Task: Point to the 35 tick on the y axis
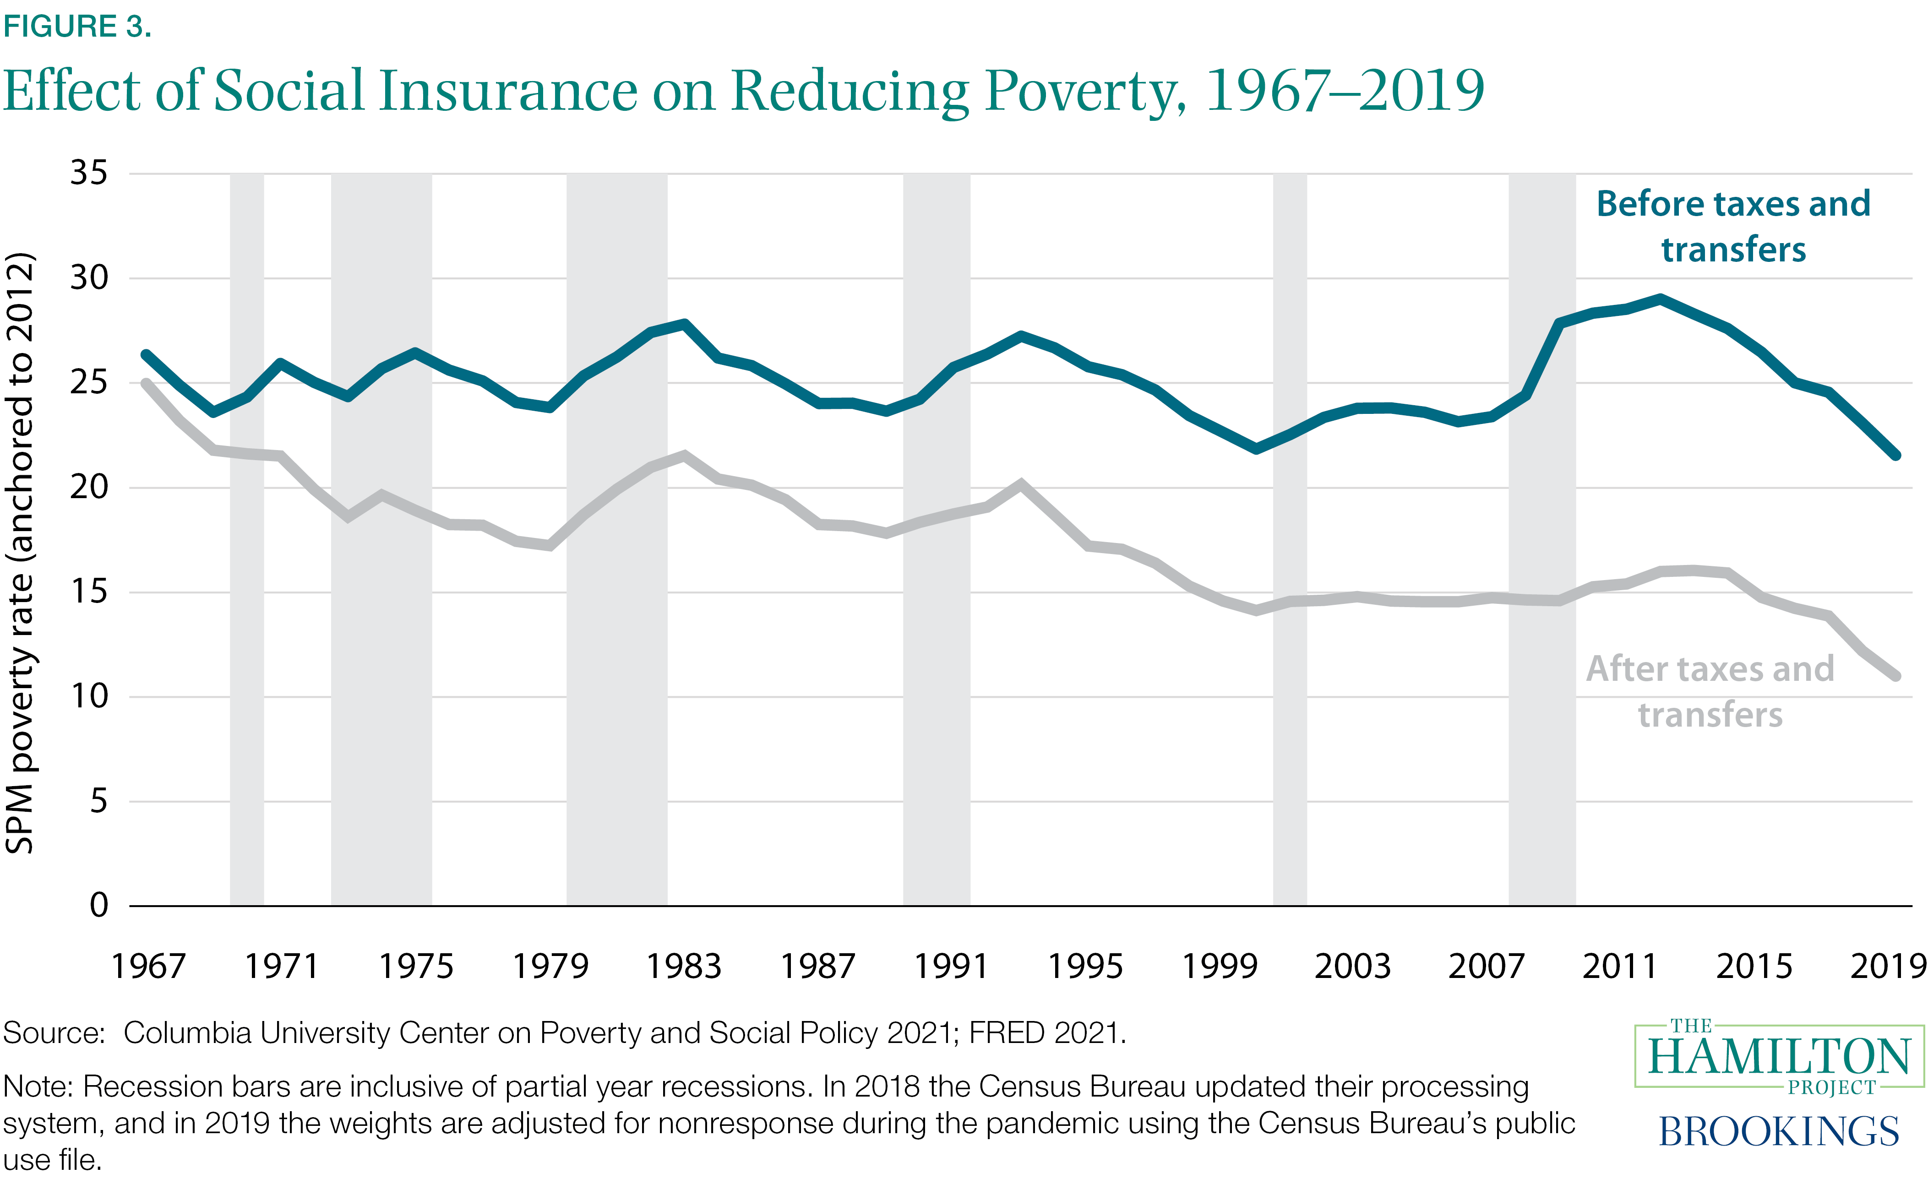tap(88, 173)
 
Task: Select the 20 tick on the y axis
tap(88, 487)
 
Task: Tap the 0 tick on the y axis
tap(98, 905)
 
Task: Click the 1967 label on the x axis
tap(148, 967)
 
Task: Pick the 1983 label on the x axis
tap(684, 967)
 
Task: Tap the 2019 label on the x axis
tap(1887, 967)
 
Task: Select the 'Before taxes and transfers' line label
tap(1733, 226)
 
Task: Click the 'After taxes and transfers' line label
tap(1710, 691)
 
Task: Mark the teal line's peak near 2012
tap(1660, 299)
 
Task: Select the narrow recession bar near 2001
tap(1289, 540)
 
